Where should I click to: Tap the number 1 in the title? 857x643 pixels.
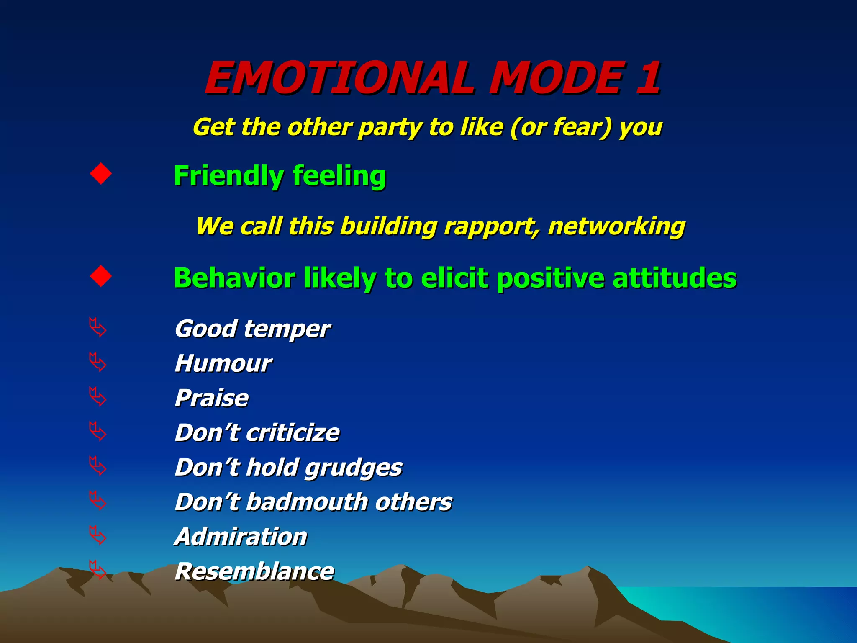[x=648, y=78]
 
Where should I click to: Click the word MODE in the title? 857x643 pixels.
[x=557, y=78]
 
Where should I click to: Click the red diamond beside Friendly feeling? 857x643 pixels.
[x=101, y=174]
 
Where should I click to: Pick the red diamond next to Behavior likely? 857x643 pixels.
[x=101, y=276]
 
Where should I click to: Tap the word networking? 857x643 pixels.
[x=616, y=227]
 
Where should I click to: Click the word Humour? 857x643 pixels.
[x=223, y=363]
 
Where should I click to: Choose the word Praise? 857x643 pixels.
[x=212, y=398]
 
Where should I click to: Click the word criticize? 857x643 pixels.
[x=293, y=432]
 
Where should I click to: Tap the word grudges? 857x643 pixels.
[x=353, y=468]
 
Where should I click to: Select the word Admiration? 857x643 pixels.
[x=241, y=537]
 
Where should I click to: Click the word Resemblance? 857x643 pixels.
[x=254, y=571]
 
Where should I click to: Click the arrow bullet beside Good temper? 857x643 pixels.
[x=98, y=327]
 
